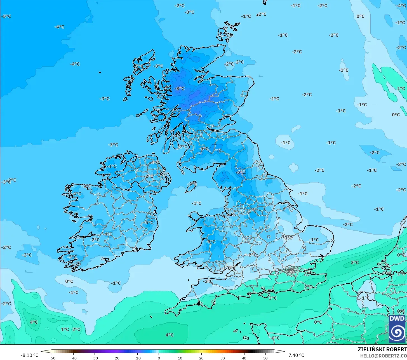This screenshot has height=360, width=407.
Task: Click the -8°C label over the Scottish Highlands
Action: pyautogui.click(x=180, y=88)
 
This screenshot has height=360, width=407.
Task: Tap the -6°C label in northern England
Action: pyautogui.click(x=241, y=172)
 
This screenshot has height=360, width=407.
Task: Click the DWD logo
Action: pyautogui.click(x=397, y=329)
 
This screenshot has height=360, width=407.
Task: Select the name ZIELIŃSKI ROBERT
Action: pyautogui.click(x=382, y=349)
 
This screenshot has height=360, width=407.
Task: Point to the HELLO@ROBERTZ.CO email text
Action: pyautogui.click(x=383, y=356)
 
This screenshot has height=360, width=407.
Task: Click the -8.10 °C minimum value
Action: pyautogui.click(x=29, y=355)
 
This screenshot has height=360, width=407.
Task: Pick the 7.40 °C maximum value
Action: pyautogui.click(x=296, y=355)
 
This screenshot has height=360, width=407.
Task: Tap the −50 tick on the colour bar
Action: pyautogui.click(x=52, y=358)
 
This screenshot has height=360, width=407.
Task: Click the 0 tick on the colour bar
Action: pyautogui.click(x=159, y=358)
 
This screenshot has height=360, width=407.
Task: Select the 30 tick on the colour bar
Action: pyautogui.click(x=223, y=358)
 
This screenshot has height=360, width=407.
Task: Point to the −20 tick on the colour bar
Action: pyautogui.click(x=116, y=358)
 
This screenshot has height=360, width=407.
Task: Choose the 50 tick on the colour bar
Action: pyautogui.click(x=265, y=358)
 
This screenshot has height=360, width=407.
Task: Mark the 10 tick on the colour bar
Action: pyautogui.click(x=180, y=358)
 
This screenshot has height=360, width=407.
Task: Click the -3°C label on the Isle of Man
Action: pyautogui.click(x=192, y=184)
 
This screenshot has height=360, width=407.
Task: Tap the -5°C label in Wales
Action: pyautogui.click(x=211, y=241)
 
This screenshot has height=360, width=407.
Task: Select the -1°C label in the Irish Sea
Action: pyautogui.click(x=196, y=203)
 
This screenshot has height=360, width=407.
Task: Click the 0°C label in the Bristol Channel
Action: pyautogui.click(x=231, y=268)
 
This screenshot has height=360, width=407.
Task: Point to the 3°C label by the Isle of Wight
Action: pyautogui.click(x=273, y=298)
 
